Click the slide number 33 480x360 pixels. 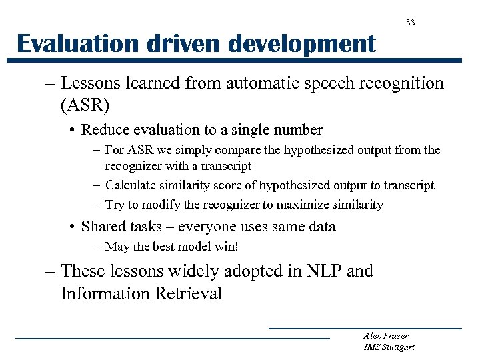(x=411, y=23)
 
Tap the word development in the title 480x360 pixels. (x=302, y=44)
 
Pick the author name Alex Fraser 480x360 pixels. (x=386, y=336)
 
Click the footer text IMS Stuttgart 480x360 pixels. (x=389, y=347)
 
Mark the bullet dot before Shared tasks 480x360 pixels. (x=72, y=227)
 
